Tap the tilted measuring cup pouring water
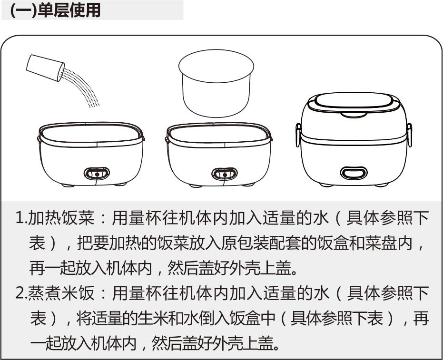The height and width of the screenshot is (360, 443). (45, 68)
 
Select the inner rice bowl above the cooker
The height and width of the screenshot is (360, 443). (216, 83)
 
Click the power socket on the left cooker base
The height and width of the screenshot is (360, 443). (97, 174)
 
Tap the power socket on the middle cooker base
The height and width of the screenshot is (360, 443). (225, 174)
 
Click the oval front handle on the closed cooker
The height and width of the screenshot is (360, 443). (354, 173)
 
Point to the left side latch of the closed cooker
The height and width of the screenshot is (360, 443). (298, 135)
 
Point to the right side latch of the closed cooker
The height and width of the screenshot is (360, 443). (409, 135)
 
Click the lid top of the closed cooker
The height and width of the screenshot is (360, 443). (354, 101)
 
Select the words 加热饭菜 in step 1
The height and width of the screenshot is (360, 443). (61, 218)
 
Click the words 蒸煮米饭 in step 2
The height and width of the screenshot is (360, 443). (61, 293)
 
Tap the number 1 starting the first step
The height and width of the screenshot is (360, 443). (20, 218)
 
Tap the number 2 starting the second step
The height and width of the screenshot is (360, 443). (20, 293)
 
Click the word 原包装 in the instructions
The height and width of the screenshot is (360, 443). (245, 243)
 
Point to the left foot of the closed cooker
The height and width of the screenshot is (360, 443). (326, 185)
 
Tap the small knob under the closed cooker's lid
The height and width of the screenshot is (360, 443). (354, 115)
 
